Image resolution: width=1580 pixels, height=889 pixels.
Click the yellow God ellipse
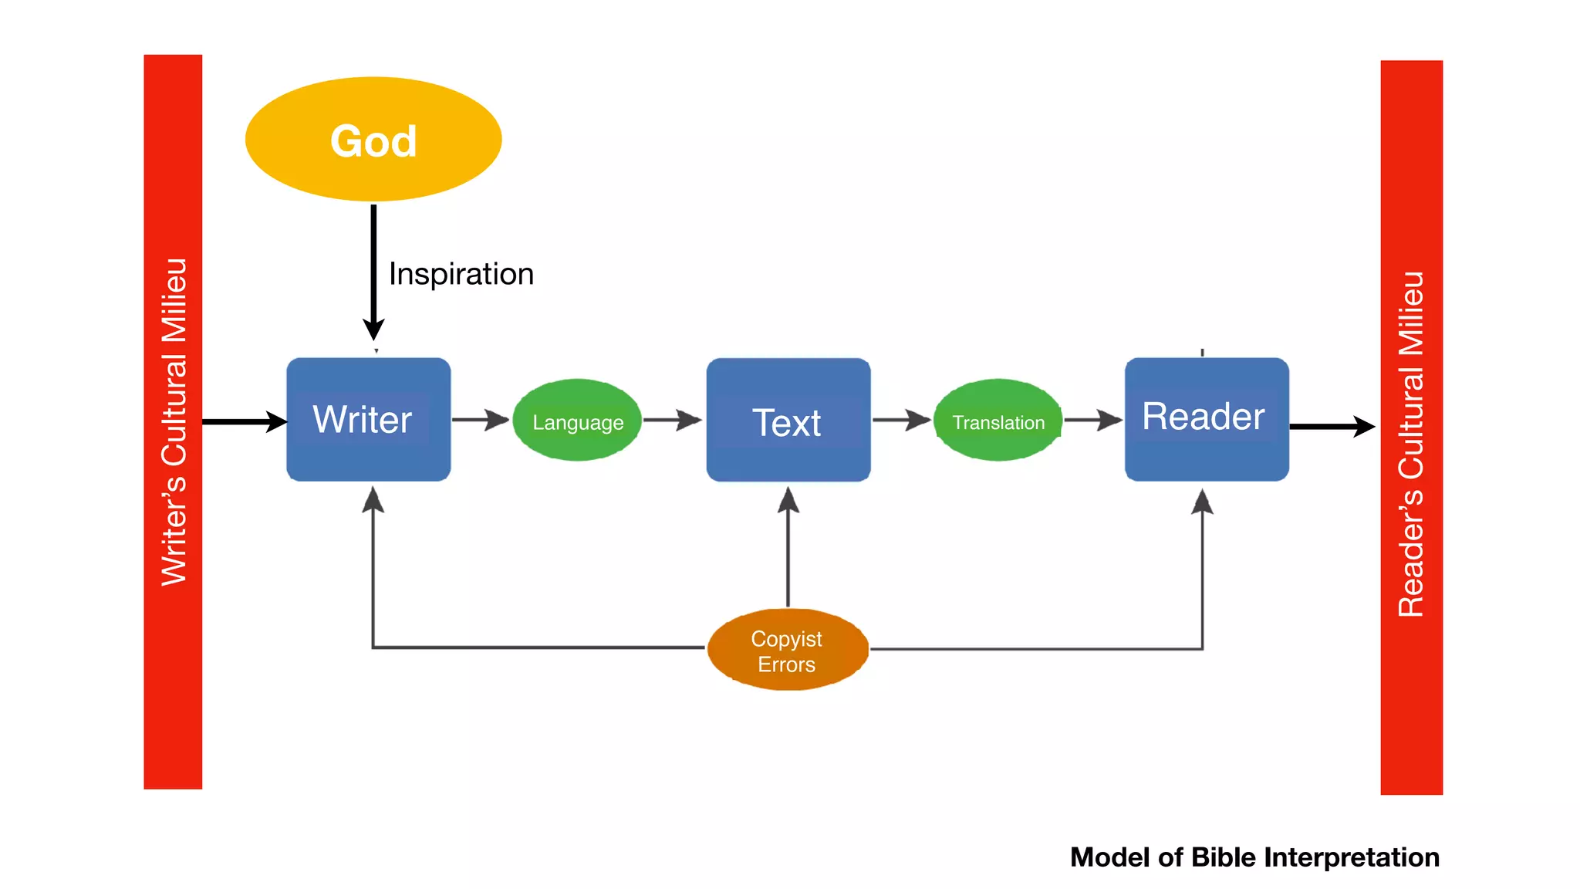pos(373,140)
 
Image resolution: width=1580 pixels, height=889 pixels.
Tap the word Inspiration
pos(461,274)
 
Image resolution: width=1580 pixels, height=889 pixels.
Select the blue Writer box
pos(368,419)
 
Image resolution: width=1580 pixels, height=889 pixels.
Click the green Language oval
pos(577,421)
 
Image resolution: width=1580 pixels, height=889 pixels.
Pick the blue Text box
pos(788,421)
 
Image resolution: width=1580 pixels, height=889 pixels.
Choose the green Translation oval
pos(998,421)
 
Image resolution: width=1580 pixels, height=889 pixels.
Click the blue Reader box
pos(1206,419)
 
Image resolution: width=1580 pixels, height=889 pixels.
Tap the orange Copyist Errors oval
pos(787,650)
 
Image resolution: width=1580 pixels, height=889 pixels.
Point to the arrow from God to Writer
pos(373,270)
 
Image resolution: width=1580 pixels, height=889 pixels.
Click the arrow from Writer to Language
pos(481,420)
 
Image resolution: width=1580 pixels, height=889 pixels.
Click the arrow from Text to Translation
pos(901,420)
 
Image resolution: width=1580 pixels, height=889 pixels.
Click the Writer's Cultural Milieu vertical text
pos(174,422)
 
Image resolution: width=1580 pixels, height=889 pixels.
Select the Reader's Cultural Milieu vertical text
pos(1411,444)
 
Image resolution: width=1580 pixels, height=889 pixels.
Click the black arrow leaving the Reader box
pos(1332,426)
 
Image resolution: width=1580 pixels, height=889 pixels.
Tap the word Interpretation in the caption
pos(1351,857)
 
